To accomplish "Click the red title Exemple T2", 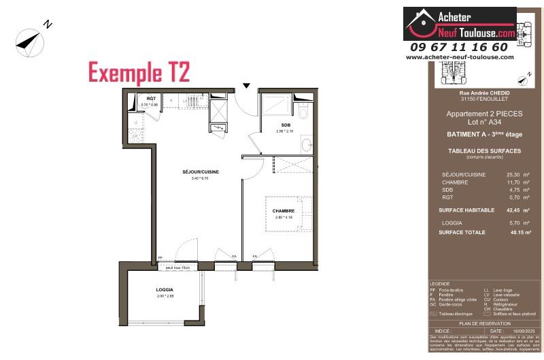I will point(139,71).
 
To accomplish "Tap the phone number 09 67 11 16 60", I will point(459,47).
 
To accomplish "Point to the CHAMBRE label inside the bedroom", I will point(283,211).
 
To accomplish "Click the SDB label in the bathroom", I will point(285,125).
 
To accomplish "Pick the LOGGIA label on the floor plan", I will point(165,290).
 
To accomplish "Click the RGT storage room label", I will point(151,99).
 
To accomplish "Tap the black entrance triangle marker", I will point(247,85).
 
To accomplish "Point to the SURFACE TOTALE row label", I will point(462,232).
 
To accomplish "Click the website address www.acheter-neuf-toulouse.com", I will point(460,57).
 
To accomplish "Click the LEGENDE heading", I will point(441,284).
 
